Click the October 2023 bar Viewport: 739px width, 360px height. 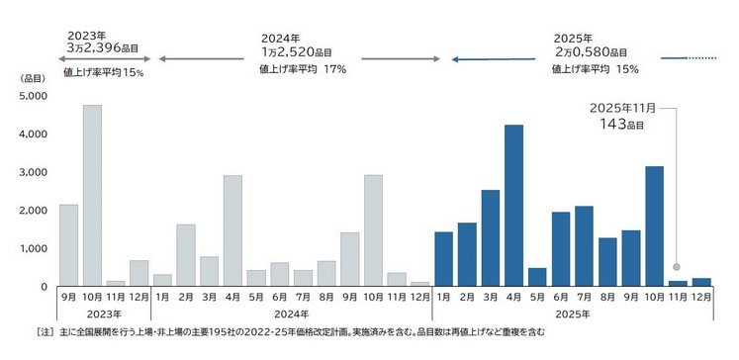point(92,196)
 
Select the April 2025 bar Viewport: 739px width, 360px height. point(513,206)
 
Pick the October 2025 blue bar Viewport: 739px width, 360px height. point(654,226)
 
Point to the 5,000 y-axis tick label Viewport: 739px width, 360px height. point(33,97)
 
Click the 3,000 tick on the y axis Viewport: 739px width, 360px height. point(33,173)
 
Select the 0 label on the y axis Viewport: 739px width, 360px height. point(42,287)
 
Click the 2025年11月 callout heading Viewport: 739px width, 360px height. point(618,107)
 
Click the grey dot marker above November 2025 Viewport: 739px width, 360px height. point(677,267)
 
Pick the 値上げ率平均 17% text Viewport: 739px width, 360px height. point(303,69)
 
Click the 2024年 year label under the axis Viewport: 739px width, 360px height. point(291,315)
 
